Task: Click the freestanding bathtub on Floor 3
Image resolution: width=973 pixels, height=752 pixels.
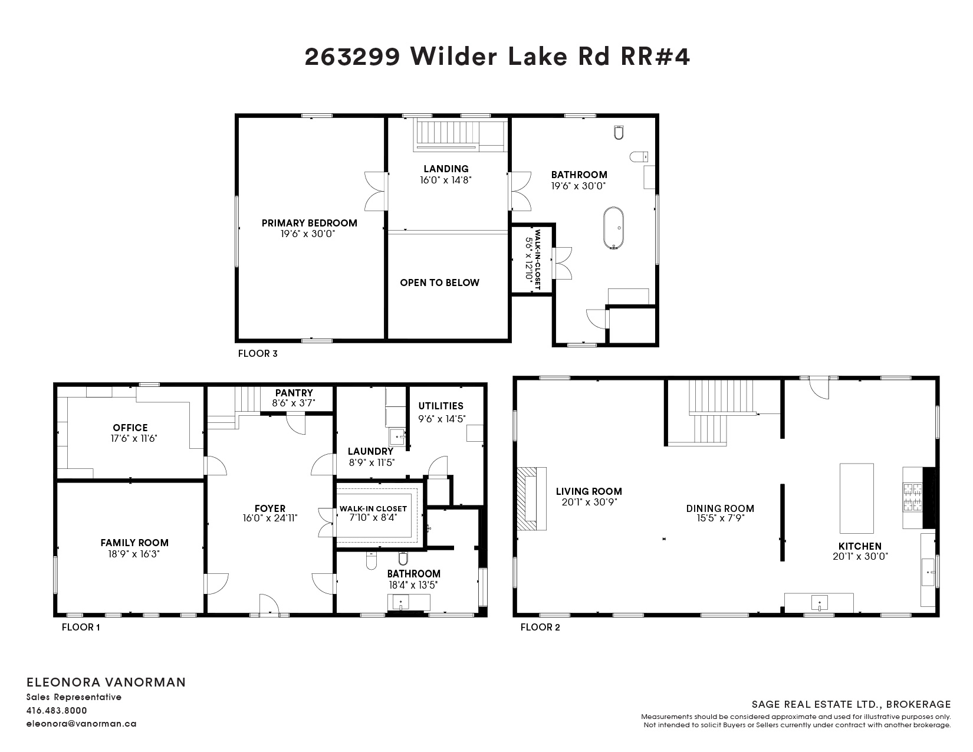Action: tap(613, 228)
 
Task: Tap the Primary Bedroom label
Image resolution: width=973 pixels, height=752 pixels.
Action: tap(310, 223)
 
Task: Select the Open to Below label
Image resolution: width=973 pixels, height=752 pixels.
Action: tap(440, 283)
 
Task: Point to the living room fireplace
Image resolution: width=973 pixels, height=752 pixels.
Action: tap(531, 498)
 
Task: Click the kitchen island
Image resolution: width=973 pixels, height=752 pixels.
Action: tap(857, 498)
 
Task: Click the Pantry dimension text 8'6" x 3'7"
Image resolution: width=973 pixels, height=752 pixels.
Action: tap(294, 403)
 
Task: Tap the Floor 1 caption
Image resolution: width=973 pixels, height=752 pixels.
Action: tap(81, 627)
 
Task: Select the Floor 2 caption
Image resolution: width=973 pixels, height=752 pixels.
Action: tap(540, 627)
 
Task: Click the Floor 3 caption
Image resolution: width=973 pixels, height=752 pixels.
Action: tap(258, 353)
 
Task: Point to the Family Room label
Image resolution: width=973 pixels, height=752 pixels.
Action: tap(134, 543)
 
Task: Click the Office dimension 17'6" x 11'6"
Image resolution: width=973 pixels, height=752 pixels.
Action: tap(134, 438)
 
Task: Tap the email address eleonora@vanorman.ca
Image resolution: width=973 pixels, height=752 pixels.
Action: tap(81, 724)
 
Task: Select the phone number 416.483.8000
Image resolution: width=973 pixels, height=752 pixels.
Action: tap(57, 710)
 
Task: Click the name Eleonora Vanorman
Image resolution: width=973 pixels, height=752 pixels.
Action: tap(106, 682)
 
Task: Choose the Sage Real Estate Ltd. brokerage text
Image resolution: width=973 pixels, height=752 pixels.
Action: tap(851, 705)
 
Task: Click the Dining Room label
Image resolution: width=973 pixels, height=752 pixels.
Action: tap(720, 508)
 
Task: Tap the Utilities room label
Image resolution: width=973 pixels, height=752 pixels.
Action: tap(441, 406)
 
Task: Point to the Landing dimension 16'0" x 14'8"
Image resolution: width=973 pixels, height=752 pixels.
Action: tap(446, 180)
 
